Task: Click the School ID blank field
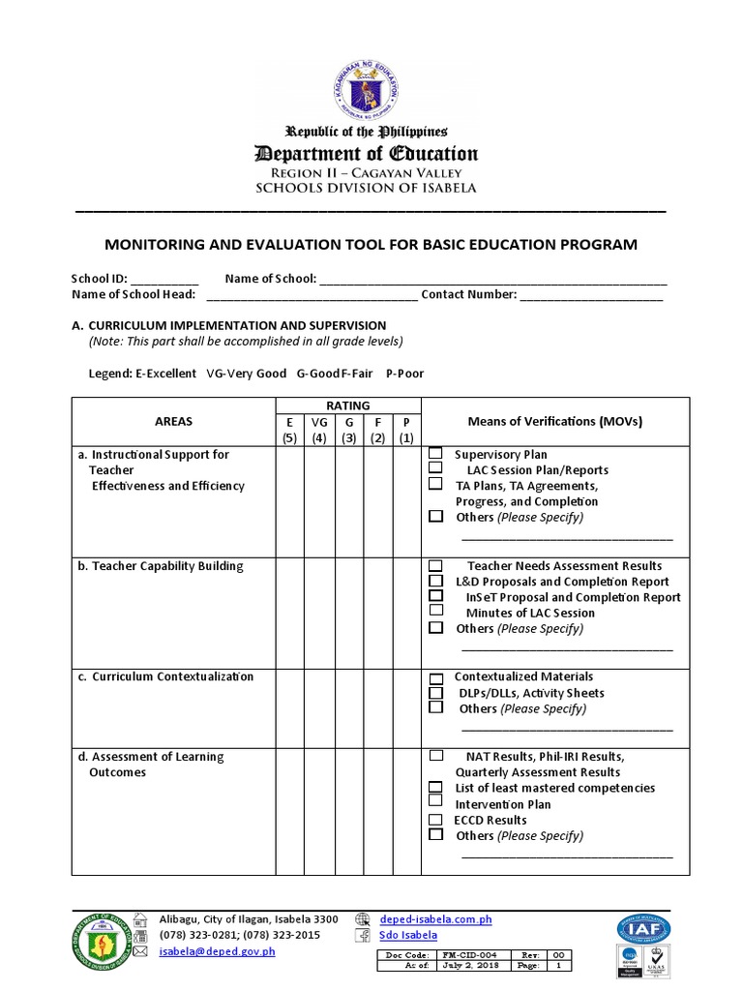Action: click(170, 280)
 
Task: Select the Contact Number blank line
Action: click(591, 295)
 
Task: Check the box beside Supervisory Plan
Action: click(435, 453)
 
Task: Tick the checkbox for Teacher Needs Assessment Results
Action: click(435, 565)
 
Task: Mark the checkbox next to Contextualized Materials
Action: click(435, 677)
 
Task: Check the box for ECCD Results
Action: click(435, 820)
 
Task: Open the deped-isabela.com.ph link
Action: click(435, 919)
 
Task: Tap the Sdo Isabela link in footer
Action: click(407, 935)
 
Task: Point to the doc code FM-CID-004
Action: click(468, 954)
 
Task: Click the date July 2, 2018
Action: click(468, 966)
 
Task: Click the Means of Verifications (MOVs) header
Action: click(555, 421)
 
